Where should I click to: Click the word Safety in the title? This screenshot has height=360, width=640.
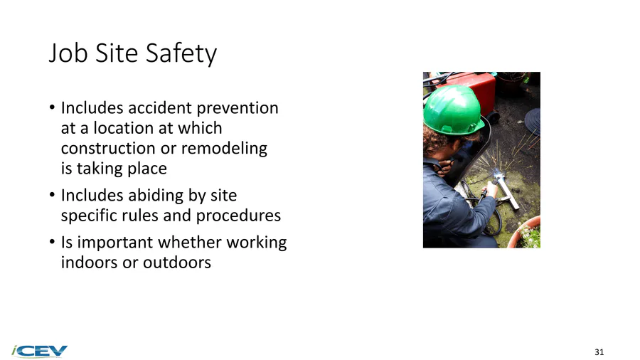click(181, 53)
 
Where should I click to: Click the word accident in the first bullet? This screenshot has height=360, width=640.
click(160, 108)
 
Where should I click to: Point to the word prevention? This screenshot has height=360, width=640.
click(238, 109)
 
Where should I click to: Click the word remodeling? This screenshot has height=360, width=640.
click(224, 149)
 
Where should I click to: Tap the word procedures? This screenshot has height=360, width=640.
click(238, 216)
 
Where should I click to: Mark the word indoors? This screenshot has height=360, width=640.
click(90, 263)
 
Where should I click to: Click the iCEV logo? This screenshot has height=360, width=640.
click(40, 351)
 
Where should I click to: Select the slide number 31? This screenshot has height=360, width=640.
click(599, 352)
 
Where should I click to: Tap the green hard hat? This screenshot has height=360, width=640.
click(453, 110)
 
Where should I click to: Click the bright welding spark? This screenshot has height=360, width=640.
click(498, 176)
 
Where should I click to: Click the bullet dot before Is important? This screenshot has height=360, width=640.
click(52, 242)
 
